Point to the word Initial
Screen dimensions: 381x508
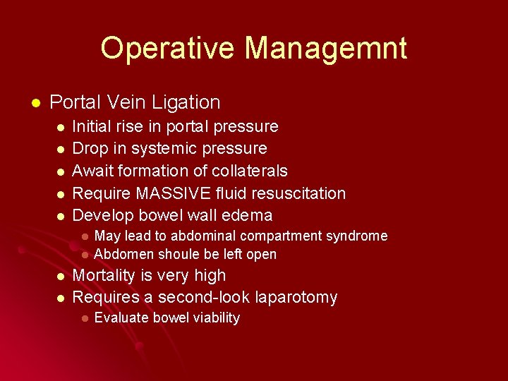coord(95,126)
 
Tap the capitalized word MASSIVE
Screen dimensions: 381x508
coord(177,193)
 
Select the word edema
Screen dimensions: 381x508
coord(248,215)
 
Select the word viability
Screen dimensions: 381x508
coord(211,317)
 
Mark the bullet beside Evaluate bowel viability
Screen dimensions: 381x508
coord(84,318)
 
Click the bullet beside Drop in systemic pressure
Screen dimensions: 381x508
coord(61,150)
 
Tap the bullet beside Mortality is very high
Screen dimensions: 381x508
coord(61,277)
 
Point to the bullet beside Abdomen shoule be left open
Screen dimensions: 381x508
coord(84,255)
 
